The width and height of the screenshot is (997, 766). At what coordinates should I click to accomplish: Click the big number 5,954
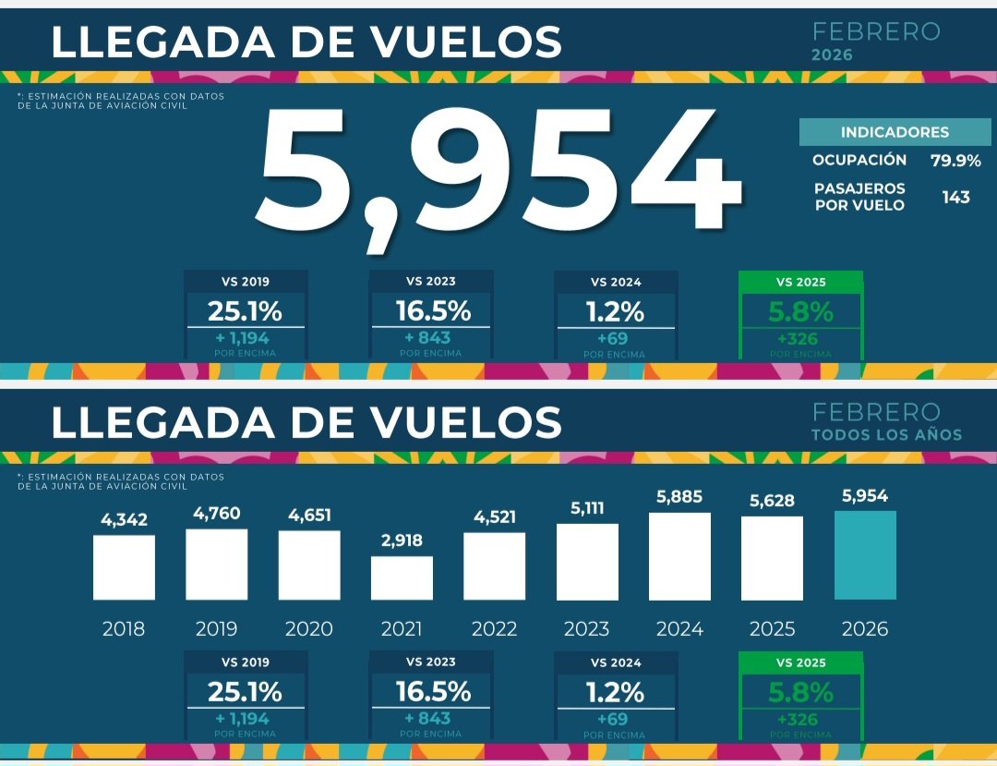[498, 171]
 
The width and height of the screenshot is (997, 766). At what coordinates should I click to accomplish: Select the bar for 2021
[402, 578]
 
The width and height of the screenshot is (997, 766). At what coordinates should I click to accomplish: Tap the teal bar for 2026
[865, 555]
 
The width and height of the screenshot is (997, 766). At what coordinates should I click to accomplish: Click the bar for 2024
[679, 556]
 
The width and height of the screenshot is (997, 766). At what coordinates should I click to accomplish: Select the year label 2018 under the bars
[124, 629]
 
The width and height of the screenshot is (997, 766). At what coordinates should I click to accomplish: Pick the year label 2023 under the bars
[586, 629]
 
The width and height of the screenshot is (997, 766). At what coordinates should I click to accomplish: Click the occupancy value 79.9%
[955, 161]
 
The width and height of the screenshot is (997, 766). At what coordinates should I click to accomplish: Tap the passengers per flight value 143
[955, 197]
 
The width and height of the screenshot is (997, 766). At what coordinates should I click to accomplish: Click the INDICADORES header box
[894, 132]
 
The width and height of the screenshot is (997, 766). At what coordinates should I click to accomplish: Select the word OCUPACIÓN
[859, 161]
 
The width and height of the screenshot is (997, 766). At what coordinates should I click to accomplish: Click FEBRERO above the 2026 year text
[875, 32]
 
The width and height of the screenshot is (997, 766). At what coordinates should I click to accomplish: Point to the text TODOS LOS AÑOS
[886, 435]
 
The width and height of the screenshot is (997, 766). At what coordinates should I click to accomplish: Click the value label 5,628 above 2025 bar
[772, 500]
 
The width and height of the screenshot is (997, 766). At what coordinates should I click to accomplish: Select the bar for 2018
[124, 567]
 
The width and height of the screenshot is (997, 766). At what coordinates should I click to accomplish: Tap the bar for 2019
[216, 565]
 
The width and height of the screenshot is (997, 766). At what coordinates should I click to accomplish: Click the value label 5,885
[679, 496]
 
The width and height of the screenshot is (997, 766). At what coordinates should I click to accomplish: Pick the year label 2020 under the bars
[308, 629]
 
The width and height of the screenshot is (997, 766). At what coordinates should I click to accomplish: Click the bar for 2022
[494, 566]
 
